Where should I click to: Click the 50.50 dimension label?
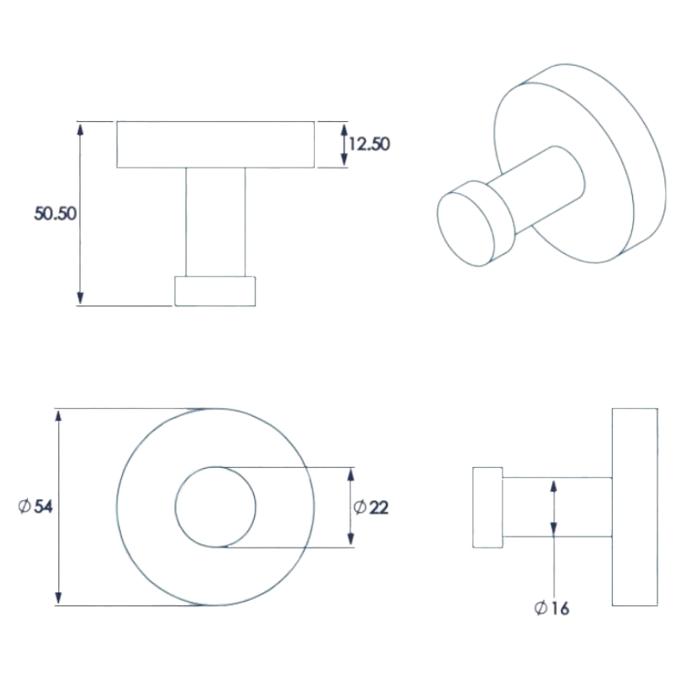pyautogui.click(x=55, y=213)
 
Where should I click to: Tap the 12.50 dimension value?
pyautogui.click(x=369, y=144)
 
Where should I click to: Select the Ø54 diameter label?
pyautogui.click(x=36, y=506)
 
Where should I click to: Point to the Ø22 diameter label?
pyautogui.click(x=371, y=507)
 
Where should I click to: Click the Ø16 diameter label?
pyautogui.click(x=552, y=608)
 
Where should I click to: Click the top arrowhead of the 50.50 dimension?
pyautogui.click(x=80, y=129)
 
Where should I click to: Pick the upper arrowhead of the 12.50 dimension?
pyautogui.click(x=344, y=130)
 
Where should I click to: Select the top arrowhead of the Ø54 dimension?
pyautogui.click(x=58, y=416)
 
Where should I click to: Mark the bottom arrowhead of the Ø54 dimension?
pyautogui.click(x=58, y=598)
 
